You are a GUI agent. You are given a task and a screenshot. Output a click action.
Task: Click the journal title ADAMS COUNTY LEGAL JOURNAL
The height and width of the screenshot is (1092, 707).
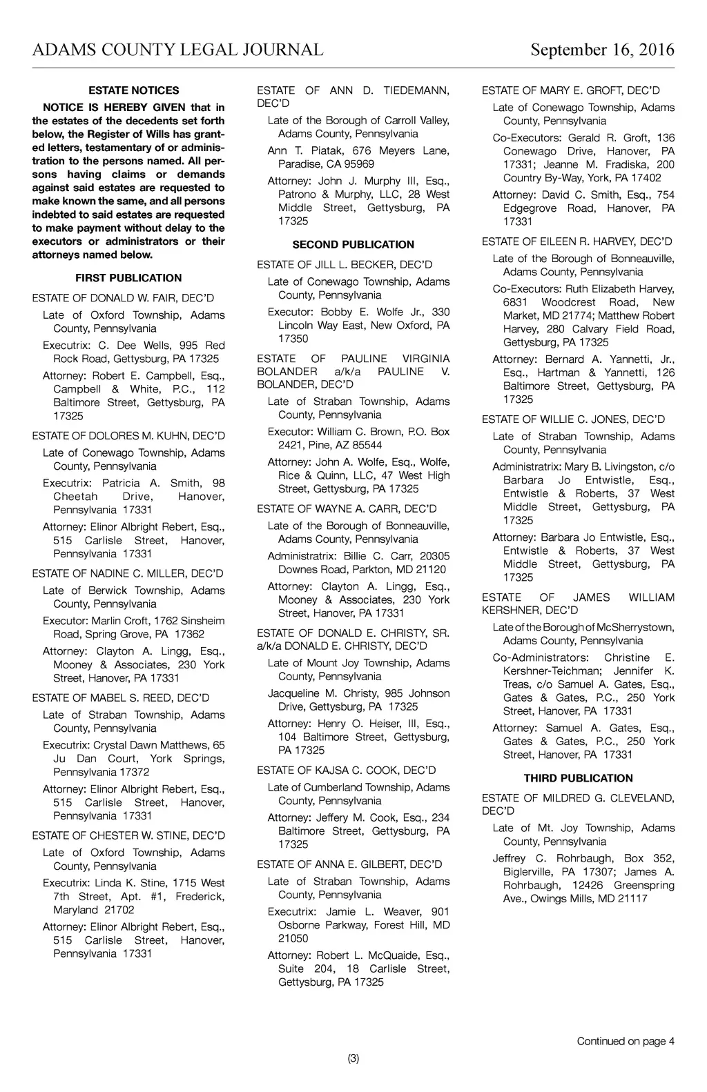(177, 50)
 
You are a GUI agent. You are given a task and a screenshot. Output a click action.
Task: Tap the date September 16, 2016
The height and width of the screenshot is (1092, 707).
(602, 50)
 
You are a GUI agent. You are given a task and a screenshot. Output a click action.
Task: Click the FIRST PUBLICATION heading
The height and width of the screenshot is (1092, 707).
(128, 278)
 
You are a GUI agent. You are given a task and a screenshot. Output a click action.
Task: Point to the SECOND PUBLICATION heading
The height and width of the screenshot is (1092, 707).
(353, 245)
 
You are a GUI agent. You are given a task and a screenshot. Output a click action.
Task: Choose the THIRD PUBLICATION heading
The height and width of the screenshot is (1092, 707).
(578, 778)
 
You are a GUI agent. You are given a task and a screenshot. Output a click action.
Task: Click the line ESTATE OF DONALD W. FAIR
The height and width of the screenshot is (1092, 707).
(123, 298)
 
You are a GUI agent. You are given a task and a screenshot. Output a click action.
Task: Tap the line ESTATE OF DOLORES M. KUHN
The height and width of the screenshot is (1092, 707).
(128, 436)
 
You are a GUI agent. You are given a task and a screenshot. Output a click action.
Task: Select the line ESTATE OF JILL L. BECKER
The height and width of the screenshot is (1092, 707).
(345, 265)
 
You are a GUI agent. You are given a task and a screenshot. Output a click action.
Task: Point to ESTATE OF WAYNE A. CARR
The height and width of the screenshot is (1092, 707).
(347, 509)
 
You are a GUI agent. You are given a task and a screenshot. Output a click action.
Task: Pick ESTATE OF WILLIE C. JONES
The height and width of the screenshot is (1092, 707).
(573, 419)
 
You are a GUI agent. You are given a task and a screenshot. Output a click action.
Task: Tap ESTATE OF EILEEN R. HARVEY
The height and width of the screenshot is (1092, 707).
(577, 241)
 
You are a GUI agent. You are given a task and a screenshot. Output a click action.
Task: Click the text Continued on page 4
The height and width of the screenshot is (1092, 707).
(626, 1042)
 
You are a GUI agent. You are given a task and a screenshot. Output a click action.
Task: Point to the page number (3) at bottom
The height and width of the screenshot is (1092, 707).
(353, 1059)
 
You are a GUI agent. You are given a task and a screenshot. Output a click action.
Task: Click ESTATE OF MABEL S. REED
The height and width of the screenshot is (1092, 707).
(121, 698)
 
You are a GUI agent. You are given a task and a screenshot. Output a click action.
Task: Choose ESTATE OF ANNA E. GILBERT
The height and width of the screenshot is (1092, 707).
(349, 864)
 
